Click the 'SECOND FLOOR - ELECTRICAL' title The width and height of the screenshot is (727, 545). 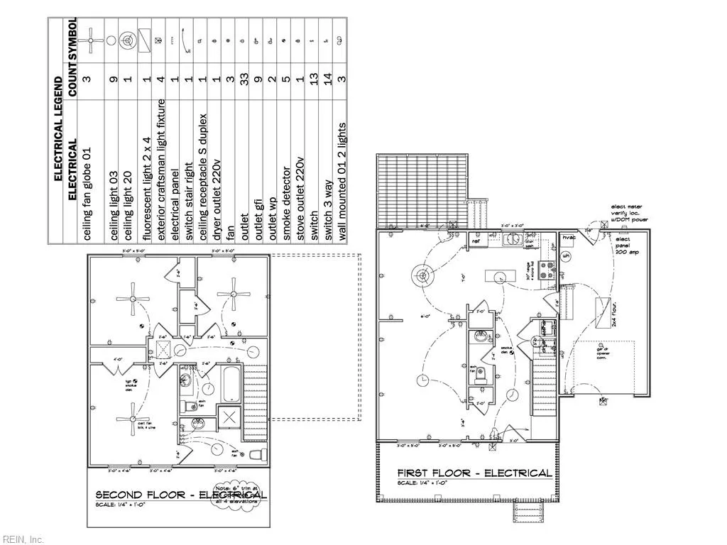180,495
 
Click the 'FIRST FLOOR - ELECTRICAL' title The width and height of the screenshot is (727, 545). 474,473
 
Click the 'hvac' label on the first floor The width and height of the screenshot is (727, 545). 568,238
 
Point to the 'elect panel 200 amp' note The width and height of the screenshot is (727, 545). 628,246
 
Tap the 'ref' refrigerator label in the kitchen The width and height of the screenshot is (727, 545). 475,242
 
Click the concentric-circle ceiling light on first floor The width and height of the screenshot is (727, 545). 423,275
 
